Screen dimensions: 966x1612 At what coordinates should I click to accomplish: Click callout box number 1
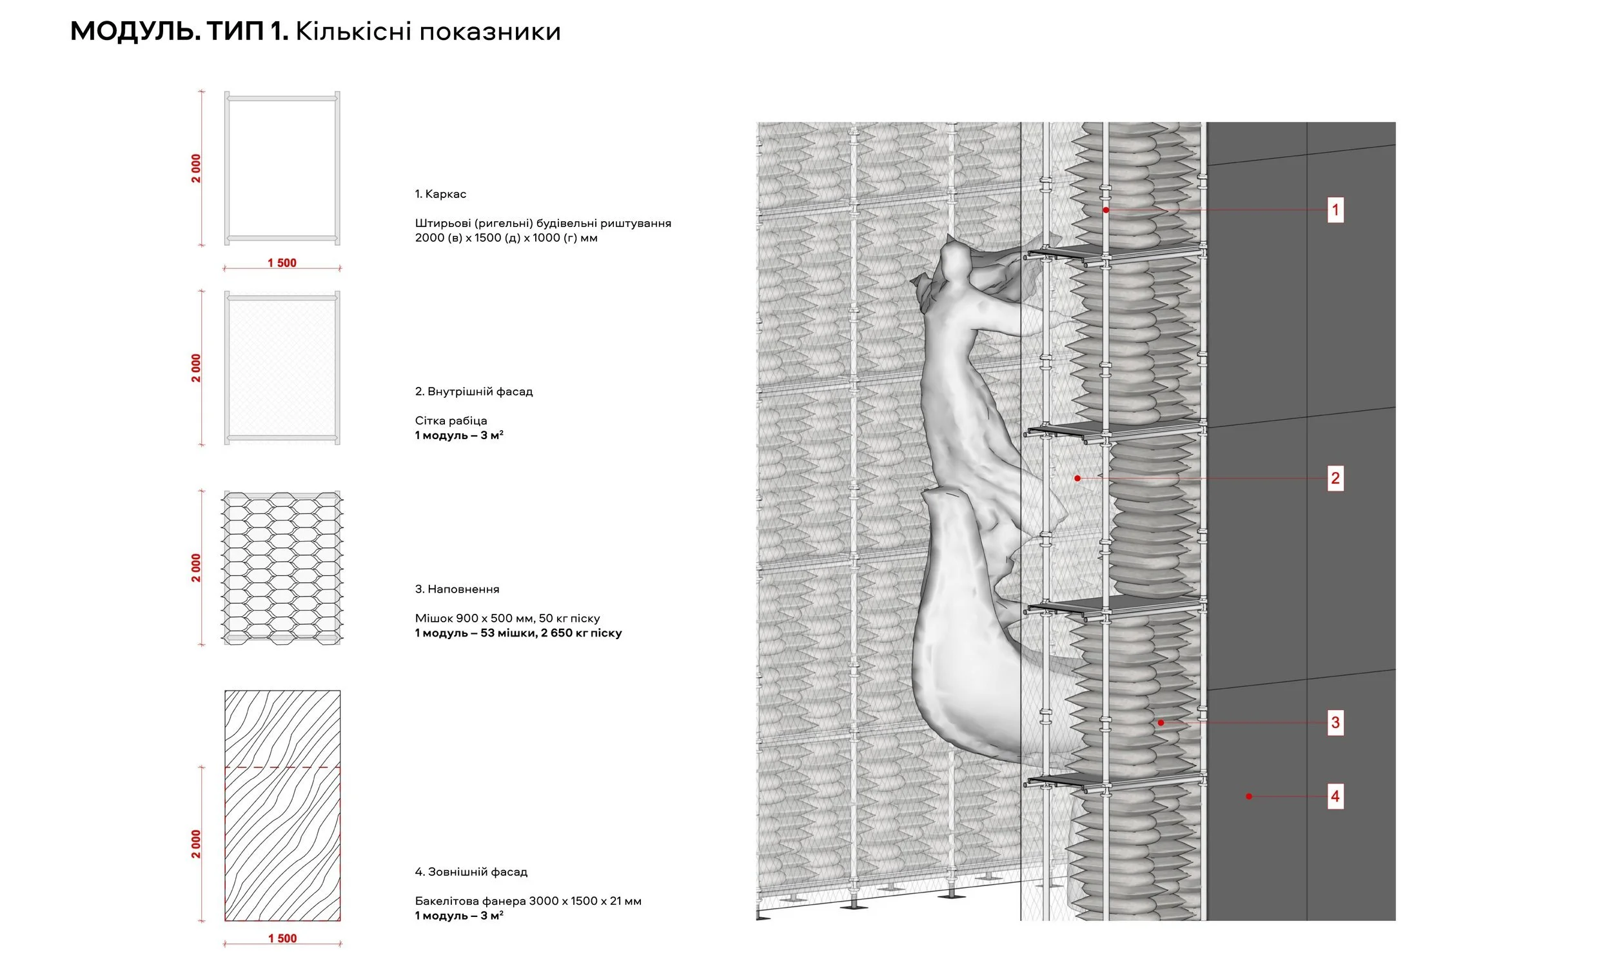click(x=1335, y=210)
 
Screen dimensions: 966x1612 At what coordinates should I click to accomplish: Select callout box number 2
click(x=1335, y=478)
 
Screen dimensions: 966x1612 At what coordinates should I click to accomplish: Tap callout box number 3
click(x=1335, y=722)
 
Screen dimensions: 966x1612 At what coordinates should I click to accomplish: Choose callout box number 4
click(x=1335, y=796)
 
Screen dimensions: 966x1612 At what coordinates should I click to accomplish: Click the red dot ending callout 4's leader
click(x=1248, y=796)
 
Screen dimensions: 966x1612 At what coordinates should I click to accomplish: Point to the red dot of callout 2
click(x=1077, y=478)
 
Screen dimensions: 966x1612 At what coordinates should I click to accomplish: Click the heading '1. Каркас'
click(x=440, y=194)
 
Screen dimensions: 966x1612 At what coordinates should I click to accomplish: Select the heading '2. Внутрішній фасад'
click(x=474, y=392)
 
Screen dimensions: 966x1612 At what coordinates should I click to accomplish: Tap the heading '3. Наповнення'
click(x=457, y=589)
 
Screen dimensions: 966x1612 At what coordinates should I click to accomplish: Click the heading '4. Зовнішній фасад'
click(x=471, y=872)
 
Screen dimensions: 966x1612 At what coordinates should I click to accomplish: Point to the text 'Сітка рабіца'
click(x=450, y=420)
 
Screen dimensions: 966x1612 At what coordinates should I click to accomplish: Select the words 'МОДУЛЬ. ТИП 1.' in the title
click(x=179, y=31)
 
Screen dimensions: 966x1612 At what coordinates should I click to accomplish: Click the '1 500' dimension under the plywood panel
click(x=282, y=938)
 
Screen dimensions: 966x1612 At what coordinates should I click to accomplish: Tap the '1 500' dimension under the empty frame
click(x=282, y=263)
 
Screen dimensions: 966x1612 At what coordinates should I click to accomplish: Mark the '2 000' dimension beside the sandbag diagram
click(x=196, y=567)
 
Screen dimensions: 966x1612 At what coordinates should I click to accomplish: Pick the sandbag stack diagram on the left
click(x=282, y=567)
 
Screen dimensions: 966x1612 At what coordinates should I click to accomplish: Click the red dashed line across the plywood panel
click(x=282, y=767)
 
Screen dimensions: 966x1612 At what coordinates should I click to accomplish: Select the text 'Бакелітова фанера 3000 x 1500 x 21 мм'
click(x=528, y=901)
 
